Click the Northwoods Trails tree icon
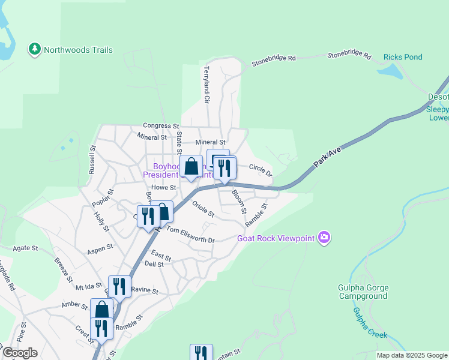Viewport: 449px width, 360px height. click(x=35, y=49)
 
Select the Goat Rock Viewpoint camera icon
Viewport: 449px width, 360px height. click(x=325, y=238)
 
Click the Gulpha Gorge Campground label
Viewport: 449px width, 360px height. click(x=363, y=292)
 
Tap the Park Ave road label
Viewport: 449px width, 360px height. click(x=327, y=159)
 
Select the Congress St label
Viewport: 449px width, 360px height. click(x=161, y=126)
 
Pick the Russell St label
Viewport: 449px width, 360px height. click(x=92, y=160)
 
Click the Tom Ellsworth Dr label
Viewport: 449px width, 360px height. click(x=190, y=235)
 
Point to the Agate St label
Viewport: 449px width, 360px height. click(x=26, y=248)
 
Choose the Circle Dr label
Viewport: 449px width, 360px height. click(x=260, y=170)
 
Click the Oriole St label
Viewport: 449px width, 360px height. click(x=203, y=209)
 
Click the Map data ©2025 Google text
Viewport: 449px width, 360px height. click(x=412, y=355)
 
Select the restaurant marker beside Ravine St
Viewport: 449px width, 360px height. click(x=119, y=287)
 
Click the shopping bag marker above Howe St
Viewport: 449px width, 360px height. click(x=191, y=167)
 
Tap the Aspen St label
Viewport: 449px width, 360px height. click(x=100, y=248)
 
